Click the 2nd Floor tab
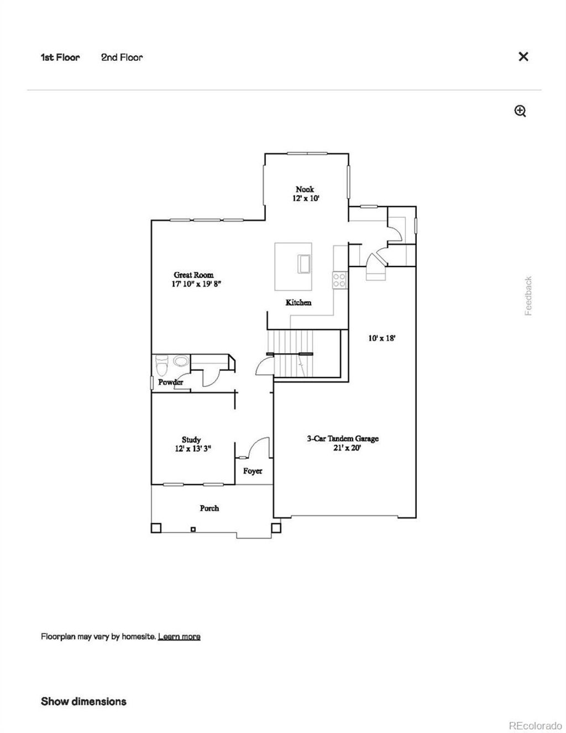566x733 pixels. pos(122,57)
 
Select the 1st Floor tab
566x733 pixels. pos(60,57)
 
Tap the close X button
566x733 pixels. pos(523,56)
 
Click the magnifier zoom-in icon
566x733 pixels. pos(520,111)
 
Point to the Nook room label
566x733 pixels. pos(305,189)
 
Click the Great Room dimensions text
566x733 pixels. pos(197,284)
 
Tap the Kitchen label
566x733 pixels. pos(298,302)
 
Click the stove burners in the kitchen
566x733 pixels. pos(339,280)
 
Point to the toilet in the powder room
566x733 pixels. pos(162,365)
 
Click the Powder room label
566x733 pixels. pos(170,382)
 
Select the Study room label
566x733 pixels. pos(191,440)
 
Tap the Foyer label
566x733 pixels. pos(253,471)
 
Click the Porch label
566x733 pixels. pos(209,507)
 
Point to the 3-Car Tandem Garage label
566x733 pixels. pos(343,438)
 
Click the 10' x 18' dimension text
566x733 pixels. pos(382,338)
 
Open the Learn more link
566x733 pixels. pos(179,636)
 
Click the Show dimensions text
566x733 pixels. pos(83,701)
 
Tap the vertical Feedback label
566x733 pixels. pos(528,296)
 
